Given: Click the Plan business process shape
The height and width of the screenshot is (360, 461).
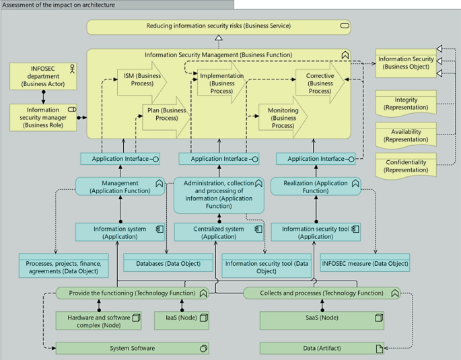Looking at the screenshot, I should tap(166, 114).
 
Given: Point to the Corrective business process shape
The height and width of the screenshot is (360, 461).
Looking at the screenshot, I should tap(319, 83).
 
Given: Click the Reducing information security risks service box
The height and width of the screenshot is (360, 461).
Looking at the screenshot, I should tap(219, 26).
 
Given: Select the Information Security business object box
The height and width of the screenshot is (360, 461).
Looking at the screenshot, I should tap(405, 63).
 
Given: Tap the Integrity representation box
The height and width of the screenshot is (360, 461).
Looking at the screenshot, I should tap(405, 104).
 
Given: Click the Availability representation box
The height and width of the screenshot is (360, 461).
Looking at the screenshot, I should tap(405, 135).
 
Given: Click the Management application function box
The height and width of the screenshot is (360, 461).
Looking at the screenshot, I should tap(120, 186).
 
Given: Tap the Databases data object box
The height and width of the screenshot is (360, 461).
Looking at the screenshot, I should tap(163, 263).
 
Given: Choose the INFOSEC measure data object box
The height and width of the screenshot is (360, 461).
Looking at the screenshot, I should tap(364, 263).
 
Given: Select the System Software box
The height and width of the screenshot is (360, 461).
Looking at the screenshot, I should tap(132, 348).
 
